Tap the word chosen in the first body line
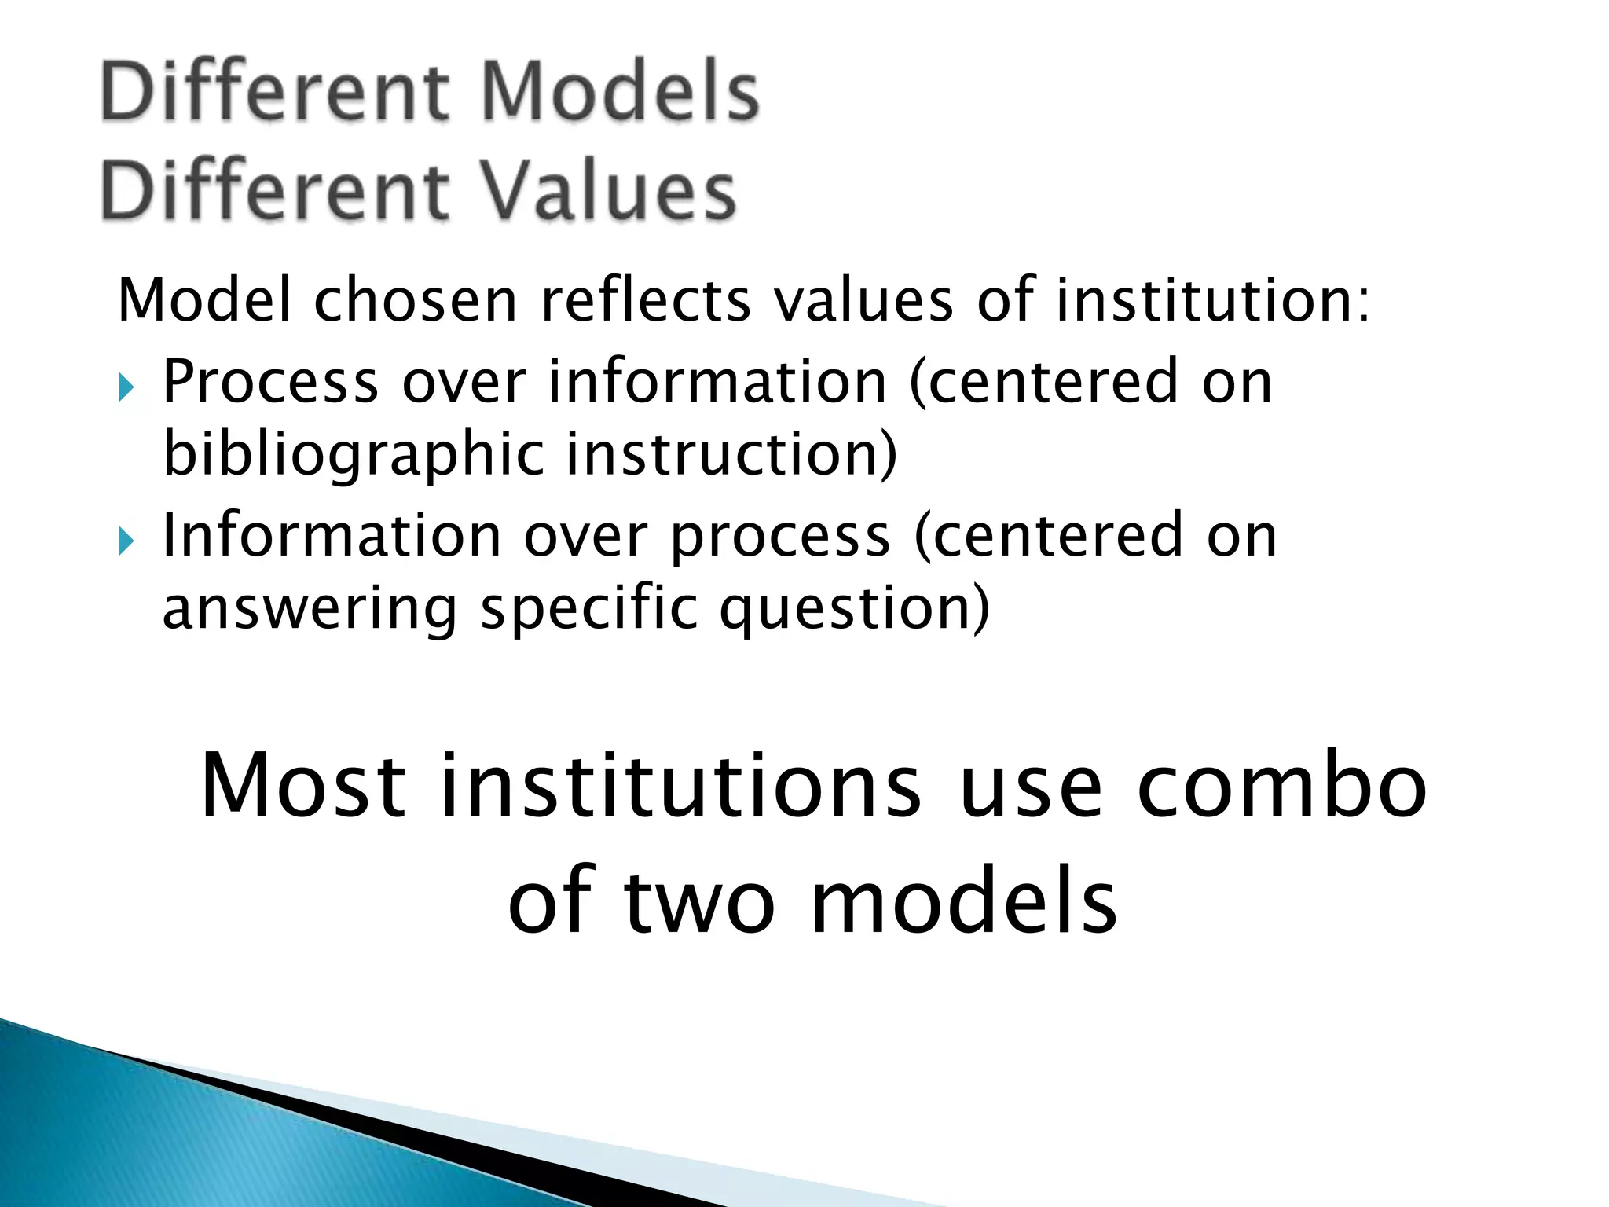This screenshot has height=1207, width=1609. coord(416,301)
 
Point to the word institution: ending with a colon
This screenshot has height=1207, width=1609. coord(1213,301)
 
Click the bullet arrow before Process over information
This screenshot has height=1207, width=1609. coord(126,387)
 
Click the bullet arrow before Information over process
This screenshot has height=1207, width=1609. coord(126,541)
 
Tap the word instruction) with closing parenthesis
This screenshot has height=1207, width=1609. coord(731,454)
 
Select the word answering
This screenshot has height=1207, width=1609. coord(310,608)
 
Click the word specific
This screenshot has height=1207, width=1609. coord(589,608)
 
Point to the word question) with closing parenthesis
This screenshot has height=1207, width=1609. coord(855,608)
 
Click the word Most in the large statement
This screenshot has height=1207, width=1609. coord(304,786)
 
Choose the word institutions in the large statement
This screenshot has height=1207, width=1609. coord(680,786)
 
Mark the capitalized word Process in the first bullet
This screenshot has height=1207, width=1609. coord(270,383)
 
